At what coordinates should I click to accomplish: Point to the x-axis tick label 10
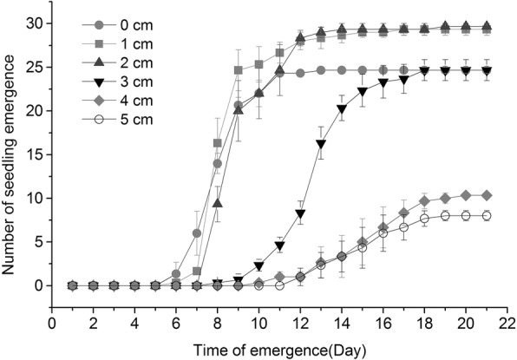pos(258,322)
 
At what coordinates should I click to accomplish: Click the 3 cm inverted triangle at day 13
pos(321,144)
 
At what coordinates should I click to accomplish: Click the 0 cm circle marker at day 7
pos(197,233)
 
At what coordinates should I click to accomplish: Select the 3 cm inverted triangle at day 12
pos(300,213)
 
